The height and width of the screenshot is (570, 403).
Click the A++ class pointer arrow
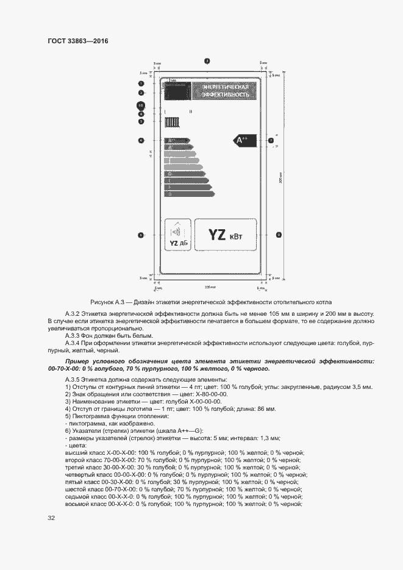tap(242, 140)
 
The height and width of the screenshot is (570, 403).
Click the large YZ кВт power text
tap(225, 234)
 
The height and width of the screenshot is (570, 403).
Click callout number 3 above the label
tap(207, 61)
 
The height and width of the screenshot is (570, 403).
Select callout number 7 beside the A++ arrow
tap(271, 141)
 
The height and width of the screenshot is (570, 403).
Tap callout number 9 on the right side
tap(278, 234)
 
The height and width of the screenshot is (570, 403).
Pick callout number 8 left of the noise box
tap(141, 235)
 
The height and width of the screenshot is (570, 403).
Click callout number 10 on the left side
tap(141, 105)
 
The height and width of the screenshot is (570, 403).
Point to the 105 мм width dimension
tap(210, 286)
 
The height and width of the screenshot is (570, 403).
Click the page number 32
tap(51, 518)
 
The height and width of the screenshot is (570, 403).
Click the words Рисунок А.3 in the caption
tap(107, 302)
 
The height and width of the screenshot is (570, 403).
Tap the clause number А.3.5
tap(73, 380)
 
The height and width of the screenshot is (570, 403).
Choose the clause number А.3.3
tap(73, 335)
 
